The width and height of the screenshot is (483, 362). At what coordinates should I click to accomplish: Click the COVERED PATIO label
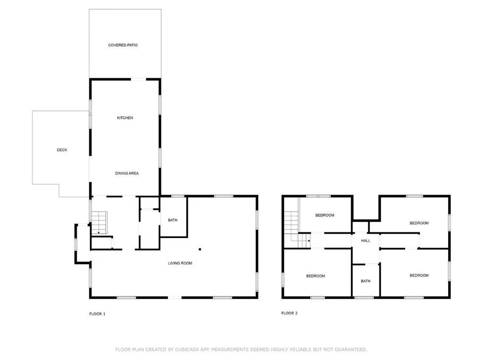(x=123, y=45)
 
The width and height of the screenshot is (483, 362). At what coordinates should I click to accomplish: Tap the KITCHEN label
(x=125, y=118)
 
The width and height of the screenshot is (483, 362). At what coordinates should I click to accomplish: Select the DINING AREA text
(x=127, y=173)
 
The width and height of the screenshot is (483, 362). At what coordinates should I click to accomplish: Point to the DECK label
(x=62, y=150)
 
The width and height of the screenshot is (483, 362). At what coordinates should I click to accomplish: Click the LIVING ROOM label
(x=180, y=263)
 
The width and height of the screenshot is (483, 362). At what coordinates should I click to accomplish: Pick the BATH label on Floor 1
(x=173, y=220)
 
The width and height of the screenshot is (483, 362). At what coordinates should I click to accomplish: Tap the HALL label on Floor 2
(x=366, y=241)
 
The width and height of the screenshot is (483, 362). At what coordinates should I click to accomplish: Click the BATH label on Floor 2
(x=366, y=281)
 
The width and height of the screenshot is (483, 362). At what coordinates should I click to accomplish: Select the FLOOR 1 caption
(x=97, y=314)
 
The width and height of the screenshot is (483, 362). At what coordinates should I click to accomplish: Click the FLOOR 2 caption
(x=290, y=313)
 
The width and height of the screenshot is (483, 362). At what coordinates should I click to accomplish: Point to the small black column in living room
(x=200, y=249)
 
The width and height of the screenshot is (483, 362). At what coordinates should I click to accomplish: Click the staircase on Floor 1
(x=100, y=222)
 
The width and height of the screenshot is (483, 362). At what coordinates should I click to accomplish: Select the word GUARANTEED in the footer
(x=351, y=350)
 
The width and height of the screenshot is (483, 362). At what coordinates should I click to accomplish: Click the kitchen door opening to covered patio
(x=139, y=79)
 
